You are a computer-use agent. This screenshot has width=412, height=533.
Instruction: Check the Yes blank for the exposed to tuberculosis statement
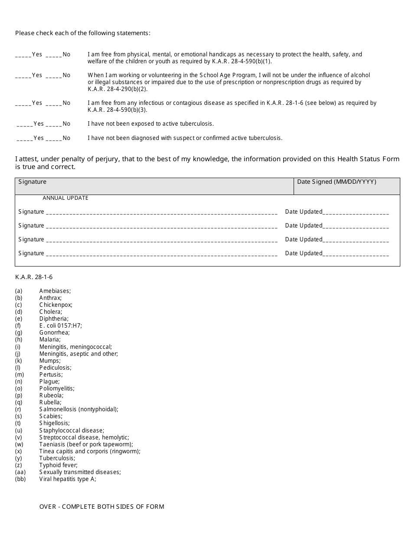click(25, 124)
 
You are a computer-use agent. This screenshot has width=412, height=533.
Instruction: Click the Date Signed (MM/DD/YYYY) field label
click(337, 182)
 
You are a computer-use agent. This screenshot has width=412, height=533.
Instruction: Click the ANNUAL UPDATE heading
click(65, 198)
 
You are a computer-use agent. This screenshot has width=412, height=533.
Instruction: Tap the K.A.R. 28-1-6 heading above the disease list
click(34, 277)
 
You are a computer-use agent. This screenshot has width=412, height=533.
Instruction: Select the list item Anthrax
click(50, 298)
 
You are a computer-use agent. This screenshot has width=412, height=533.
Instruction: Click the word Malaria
click(50, 340)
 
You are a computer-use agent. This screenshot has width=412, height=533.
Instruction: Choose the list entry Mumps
click(50, 361)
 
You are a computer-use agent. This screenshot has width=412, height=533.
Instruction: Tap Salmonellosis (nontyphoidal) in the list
click(78, 409)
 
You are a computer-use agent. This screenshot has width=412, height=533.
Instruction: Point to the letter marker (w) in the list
click(19, 444)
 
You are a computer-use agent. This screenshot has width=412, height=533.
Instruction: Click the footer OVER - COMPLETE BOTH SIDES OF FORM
click(101, 507)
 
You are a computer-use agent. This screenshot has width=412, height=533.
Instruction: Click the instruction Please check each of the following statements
click(83, 33)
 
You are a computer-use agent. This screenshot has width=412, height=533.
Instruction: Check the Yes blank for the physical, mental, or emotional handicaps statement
click(23, 55)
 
